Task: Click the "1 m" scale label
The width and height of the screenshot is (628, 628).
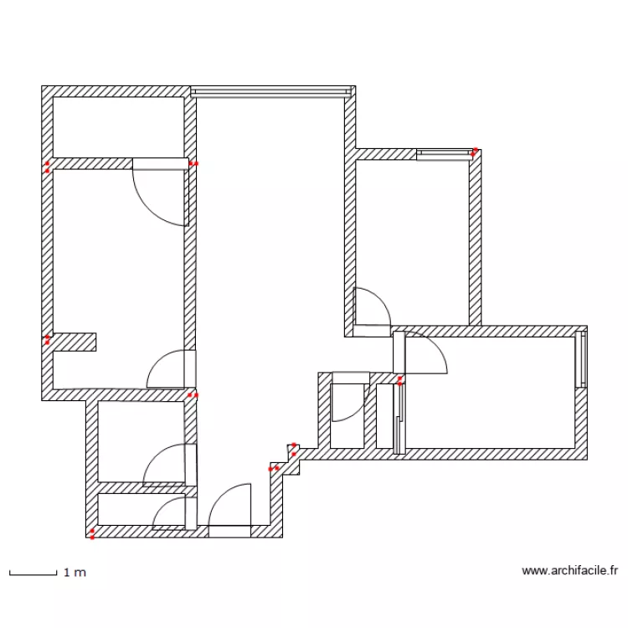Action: (x=75, y=573)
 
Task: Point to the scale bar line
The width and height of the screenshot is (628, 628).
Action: (x=32, y=574)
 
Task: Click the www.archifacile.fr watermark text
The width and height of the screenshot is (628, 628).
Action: (x=569, y=571)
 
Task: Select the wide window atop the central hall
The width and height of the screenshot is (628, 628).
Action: (x=270, y=91)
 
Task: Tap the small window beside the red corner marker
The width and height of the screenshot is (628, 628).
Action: (x=443, y=153)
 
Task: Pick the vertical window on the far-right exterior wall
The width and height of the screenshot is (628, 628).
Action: (x=580, y=359)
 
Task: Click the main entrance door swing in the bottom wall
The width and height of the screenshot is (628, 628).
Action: (x=229, y=512)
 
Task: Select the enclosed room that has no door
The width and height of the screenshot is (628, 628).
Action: (x=118, y=127)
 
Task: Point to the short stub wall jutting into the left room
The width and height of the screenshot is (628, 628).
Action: (x=75, y=342)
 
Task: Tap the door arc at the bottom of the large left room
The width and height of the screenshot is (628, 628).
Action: (x=172, y=369)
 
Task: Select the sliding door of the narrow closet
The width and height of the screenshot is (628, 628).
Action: (x=400, y=419)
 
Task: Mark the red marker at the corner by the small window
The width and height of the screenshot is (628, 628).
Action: (x=474, y=152)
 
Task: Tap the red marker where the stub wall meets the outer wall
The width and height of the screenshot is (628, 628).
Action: (x=48, y=340)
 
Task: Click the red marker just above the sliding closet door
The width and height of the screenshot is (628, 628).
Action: (x=400, y=381)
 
